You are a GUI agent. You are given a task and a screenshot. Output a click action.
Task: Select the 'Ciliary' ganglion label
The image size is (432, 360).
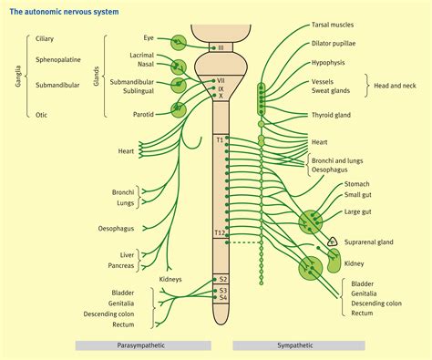(46, 40)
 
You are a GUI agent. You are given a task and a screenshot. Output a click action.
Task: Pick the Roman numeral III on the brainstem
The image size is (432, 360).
(220, 46)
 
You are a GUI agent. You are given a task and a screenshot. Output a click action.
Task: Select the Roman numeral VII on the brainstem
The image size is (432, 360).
(220, 80)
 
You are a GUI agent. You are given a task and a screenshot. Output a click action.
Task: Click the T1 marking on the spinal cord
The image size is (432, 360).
(220, 139)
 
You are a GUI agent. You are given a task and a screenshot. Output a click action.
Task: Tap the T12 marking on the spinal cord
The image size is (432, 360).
(220, 233)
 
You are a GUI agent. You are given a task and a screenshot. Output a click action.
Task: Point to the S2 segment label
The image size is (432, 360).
(221, 279)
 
